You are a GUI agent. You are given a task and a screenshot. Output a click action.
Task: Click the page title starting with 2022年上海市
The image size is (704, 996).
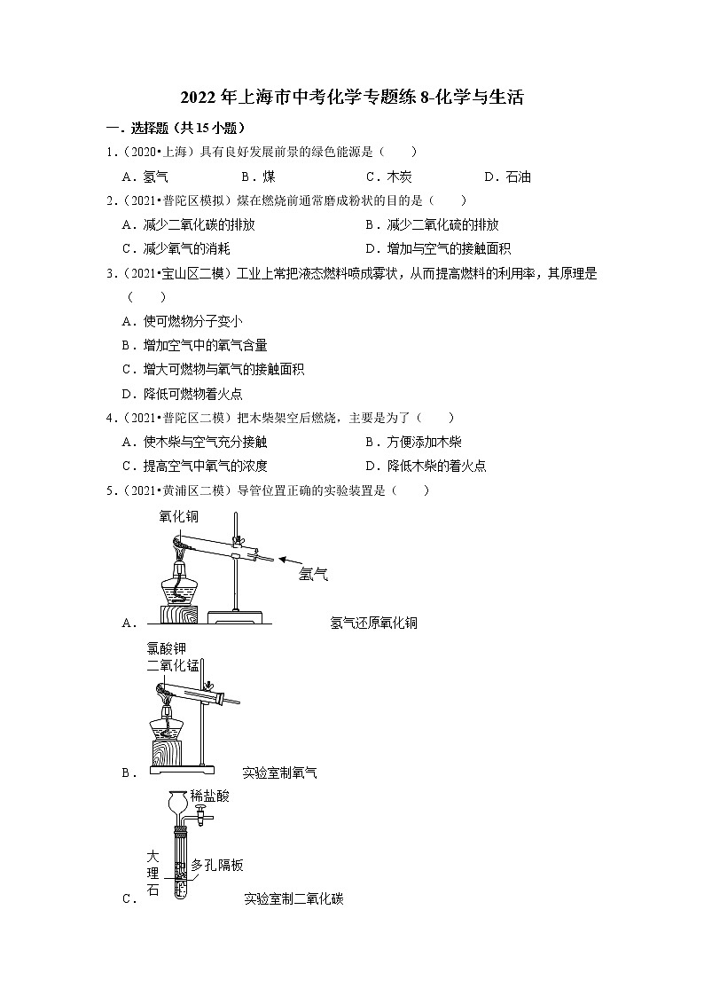[352, 98]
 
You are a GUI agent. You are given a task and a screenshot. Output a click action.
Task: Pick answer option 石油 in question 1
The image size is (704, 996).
[518, 176]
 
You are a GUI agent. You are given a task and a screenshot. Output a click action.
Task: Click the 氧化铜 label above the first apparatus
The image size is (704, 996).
[179, 515]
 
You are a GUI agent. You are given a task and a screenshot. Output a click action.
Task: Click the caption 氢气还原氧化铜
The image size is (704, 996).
[372, 623]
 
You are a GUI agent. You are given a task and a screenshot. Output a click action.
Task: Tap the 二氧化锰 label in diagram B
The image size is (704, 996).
[175, 666]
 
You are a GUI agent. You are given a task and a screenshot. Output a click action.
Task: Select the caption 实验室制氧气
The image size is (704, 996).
[279, 772]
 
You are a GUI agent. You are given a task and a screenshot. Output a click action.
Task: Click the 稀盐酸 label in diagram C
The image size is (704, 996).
[210, 796]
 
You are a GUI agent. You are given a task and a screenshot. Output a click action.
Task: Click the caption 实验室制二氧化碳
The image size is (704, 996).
[293, 898]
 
